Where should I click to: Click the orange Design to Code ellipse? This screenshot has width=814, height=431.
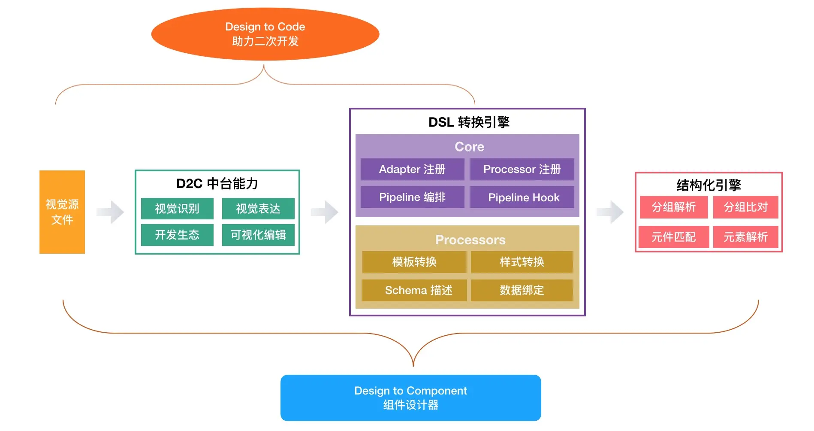(265, 34)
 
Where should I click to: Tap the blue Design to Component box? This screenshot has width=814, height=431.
(410, 398)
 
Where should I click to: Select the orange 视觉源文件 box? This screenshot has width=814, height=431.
(62, 212)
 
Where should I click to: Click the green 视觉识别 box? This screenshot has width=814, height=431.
(177, 209)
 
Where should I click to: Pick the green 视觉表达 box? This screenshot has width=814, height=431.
(258, 209)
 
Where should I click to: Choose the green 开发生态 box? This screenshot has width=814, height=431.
(177, 235)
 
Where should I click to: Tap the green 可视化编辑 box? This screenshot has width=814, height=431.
(258, 235)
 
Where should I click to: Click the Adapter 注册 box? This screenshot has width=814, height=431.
(412, 169)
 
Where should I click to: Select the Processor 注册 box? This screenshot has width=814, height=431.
(522, 169)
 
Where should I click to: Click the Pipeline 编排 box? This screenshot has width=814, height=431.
(412, 197)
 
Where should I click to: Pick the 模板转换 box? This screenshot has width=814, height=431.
(414, 262)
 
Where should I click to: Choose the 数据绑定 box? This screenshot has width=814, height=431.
(522, 290)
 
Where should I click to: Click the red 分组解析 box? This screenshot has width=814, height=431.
(674, 207)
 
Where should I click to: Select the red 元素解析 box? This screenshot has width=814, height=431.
(746, 237)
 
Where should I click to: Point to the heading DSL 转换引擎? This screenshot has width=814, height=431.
(469, 122)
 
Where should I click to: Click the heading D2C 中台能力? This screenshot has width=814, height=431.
(217, 184)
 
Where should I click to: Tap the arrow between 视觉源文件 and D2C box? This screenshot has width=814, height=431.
(110, 212)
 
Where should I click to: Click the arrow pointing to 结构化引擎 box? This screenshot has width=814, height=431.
(610, 212)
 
